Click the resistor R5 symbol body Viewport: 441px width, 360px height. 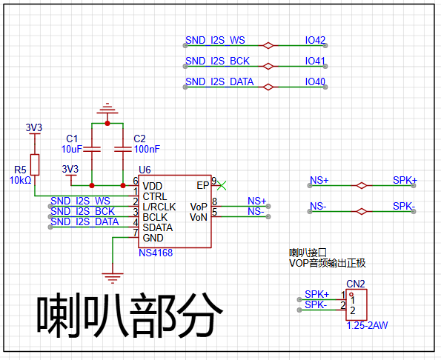click(x=35, y=164)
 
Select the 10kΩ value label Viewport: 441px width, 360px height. click(x=21, y=181)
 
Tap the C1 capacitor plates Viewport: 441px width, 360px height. click(x=92, y=149)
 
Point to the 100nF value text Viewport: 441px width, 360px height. click(x=147, y=149)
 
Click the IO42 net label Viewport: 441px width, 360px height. click(x=315, y=40)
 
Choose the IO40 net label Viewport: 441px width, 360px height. click(x=315, y=81)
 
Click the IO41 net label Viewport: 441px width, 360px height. click(x=315, y=61)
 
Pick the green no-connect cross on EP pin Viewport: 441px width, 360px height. click(x=222, y=185)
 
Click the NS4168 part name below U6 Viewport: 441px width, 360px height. click(x=156, y=253)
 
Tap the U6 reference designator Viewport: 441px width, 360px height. click(x=145, y=170)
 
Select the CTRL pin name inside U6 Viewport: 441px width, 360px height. click(x=155, y=196)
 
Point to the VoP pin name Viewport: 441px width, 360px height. click(x=199, y=207)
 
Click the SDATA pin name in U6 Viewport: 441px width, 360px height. click(x=157, y=227)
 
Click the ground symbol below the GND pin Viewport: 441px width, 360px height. click(x=113, y=278)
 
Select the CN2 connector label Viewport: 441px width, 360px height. click(x=356, y=284)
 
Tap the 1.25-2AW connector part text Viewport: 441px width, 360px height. click(x=368, y=325)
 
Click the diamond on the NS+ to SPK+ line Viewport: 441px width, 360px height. click(x=362, y=185)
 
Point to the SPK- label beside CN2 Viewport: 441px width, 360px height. click(x=316, y=304)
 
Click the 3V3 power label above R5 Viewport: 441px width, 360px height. click(x=34, y=127)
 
